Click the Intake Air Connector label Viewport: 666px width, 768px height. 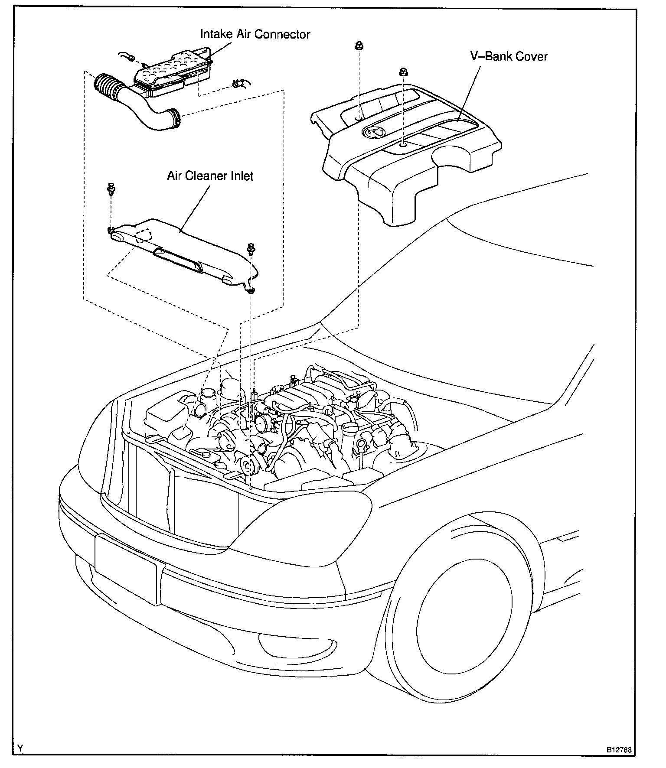pos(255,34)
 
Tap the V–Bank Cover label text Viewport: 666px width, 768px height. pos(509,56)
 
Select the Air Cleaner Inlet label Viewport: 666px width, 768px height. pos(210,176)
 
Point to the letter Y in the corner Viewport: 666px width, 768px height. pos(20,748)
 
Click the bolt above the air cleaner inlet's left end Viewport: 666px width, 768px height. pos(111,188)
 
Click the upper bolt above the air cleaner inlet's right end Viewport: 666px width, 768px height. pos(251,248)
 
